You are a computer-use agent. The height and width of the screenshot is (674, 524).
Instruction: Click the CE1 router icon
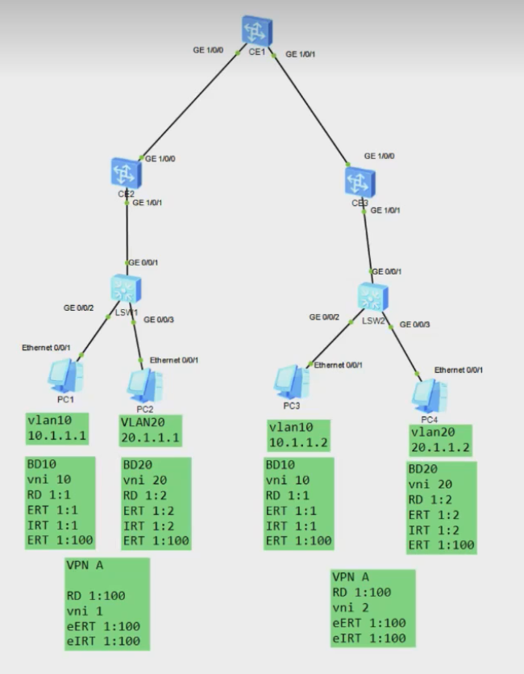pyautogui.click(x=257, y=30)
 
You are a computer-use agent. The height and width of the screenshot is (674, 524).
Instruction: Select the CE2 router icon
pyautogui.click(x=127, y=171)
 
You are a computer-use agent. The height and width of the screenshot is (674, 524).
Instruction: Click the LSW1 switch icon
pyautogui.click(x=126, y=287)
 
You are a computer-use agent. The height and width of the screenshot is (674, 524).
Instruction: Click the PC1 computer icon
pyautogui.click(x=64, y=375)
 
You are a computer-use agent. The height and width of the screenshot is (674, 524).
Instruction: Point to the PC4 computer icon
pyautogui.click(x=429, y=394)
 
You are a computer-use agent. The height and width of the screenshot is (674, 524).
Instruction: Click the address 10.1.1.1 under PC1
pyautogui.click(x=56, y=437)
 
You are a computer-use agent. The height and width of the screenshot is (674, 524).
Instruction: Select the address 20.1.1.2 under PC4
pyautogui.click(x=440, y=448)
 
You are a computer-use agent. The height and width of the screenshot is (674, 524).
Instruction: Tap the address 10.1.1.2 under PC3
pyautogui.click(x=299, y=443)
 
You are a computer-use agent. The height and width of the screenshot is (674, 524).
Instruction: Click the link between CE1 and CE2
pyautogui.click(x=190, y=104)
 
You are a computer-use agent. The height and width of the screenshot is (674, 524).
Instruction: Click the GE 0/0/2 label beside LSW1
pyautogui.click(x=79, y=308)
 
